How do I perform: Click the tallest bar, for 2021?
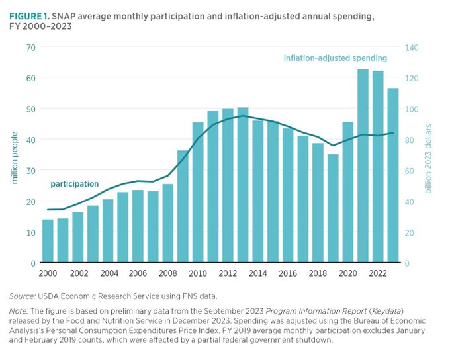(363, 165)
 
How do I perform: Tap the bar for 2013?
(243, 185)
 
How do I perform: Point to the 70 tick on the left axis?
(31, 47)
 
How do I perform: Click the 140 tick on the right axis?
(412, 47)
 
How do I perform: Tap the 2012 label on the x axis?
(228, 273)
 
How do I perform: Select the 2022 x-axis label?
(378, 273)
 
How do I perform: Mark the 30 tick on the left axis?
(31, 171)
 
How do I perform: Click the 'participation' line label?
(75, 184)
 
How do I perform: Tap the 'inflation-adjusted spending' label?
(336, 58)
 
